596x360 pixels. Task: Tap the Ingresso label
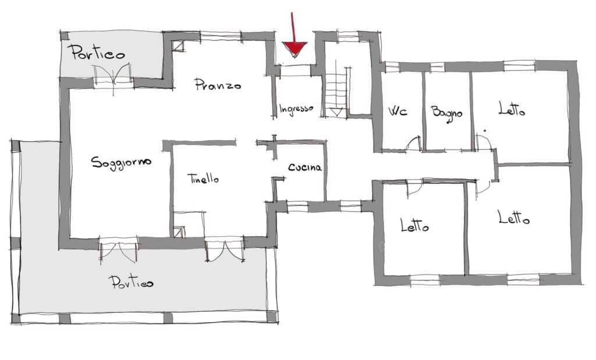point(296,109)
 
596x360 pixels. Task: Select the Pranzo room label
point(218,84)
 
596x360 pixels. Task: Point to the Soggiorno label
point(121,163)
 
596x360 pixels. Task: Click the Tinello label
point(203,179)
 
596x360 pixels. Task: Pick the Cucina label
point(305,167)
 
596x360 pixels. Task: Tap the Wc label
point(398,111)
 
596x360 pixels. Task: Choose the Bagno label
point(446,113)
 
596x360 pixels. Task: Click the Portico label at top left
point(98,52)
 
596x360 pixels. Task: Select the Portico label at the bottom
point(131,283)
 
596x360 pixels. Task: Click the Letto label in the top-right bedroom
point(512,109)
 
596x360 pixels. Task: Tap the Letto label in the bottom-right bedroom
point(514,218)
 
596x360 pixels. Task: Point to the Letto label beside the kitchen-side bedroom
point(414,226)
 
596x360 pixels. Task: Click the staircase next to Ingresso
point(336,88)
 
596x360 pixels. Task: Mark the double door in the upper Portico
point(113,76)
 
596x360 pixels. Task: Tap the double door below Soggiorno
point(118,249)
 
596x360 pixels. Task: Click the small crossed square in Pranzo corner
point(178,47)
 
